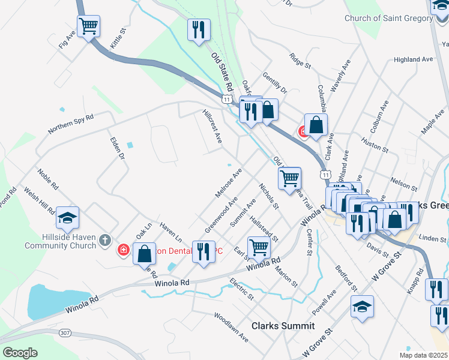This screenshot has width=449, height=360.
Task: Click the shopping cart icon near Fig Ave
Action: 89,26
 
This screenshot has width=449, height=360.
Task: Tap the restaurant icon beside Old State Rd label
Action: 198,29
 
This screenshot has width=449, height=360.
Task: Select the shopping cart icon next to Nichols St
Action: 289,178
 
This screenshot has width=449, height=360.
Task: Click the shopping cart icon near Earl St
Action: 259,247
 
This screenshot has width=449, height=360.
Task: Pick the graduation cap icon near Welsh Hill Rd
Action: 67,218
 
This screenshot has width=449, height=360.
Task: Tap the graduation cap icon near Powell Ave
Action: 362,307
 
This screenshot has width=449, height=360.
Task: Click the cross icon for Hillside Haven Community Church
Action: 105,241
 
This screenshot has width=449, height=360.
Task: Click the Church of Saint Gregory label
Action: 388,18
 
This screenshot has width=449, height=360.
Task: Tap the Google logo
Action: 20,352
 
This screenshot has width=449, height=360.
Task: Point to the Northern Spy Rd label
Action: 71,124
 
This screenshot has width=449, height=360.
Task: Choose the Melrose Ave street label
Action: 228,183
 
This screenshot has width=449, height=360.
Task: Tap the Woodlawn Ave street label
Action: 231,326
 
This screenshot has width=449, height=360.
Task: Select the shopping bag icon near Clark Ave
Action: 316,125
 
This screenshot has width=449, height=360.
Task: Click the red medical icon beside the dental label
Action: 123,250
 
